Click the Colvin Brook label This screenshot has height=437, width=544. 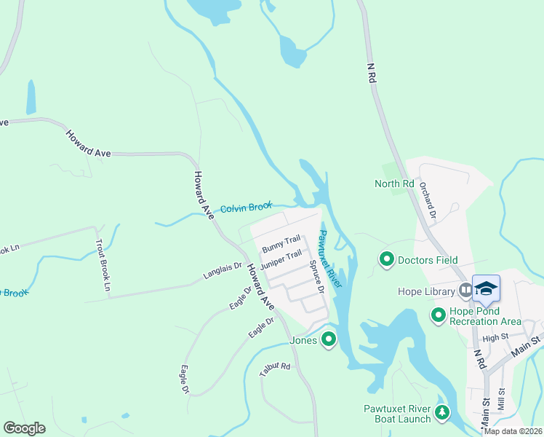pyautogui.click(x=246, y=208)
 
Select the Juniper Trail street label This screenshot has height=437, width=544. pyautogui.click(x=280, y=259)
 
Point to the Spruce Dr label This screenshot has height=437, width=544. pyautogui.click(x=315, y=277)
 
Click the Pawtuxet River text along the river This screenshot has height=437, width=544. pyautogui.click(x=331, y=259)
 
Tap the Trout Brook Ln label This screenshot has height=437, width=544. pyautogui.click(x=102, y=266)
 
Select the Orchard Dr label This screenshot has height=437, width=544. pyautogui.click(x=426, y=200)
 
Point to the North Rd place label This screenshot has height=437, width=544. pyautogui.click(x=393, y=184)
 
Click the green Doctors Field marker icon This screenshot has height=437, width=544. pyautogui.click(x=387, y=259)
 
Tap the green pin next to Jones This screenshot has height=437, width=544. pyautogui.click(x=329, y=339)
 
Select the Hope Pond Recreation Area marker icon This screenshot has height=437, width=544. pyautogui.click(x=438, y=315)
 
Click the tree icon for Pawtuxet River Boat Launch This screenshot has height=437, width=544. pyautogui.click(x=441, y=414)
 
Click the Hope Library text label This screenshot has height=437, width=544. pyautogui.click(x=426, y=292)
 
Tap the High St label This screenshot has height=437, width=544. pyautogui.click(x=494, y=337)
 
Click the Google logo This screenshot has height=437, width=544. pyautogui.click(x=25, y=428)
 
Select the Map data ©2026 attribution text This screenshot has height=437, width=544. pyautogui.click(x=512, y=431)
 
